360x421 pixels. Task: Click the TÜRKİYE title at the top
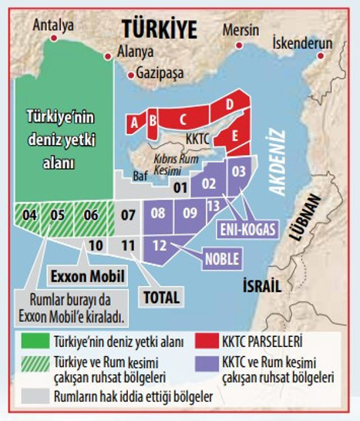(160, 30)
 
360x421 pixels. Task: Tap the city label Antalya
(54, 25)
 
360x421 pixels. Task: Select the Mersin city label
(241, 30)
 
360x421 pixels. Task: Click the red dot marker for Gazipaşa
(130, 76)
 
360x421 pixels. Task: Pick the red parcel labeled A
(135, 123)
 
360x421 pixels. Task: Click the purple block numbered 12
(160, 246)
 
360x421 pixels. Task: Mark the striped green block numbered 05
(57, 215)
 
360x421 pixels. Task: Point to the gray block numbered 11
(128, 246)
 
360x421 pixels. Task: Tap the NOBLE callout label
(222, 258)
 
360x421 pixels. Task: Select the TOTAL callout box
(160, 296)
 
